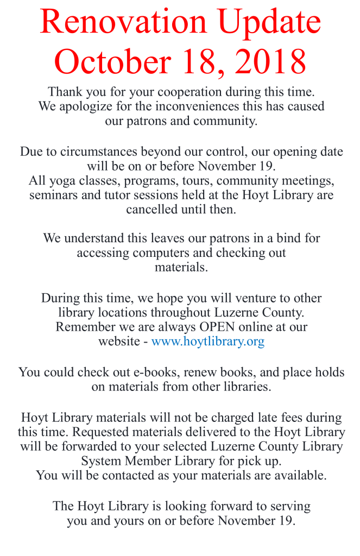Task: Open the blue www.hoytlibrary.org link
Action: pyautogui.click(x=208, y=342)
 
